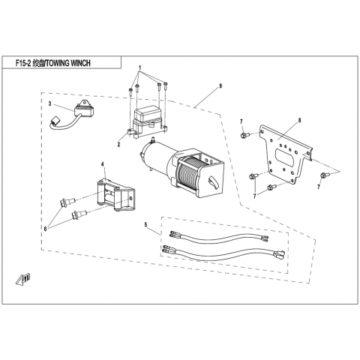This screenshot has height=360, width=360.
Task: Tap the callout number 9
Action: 220,86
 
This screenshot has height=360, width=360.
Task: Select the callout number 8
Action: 299,121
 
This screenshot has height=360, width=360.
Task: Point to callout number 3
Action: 49,103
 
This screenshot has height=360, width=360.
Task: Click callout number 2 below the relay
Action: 118,144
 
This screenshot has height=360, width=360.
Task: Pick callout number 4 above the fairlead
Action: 103,164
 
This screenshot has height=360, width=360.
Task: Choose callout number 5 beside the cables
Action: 145,224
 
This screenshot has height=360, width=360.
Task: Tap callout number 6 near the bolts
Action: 45,229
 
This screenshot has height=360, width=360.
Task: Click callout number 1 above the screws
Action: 140,67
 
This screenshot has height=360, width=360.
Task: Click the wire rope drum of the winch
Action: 188,172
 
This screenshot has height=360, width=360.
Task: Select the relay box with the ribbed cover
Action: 147,121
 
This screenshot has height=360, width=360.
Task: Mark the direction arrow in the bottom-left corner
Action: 24,279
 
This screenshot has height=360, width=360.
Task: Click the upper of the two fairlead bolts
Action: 67,201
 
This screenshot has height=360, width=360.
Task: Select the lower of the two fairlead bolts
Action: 79,214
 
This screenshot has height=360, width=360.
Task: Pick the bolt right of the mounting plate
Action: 324,175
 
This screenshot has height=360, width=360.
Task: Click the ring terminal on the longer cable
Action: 279,254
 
